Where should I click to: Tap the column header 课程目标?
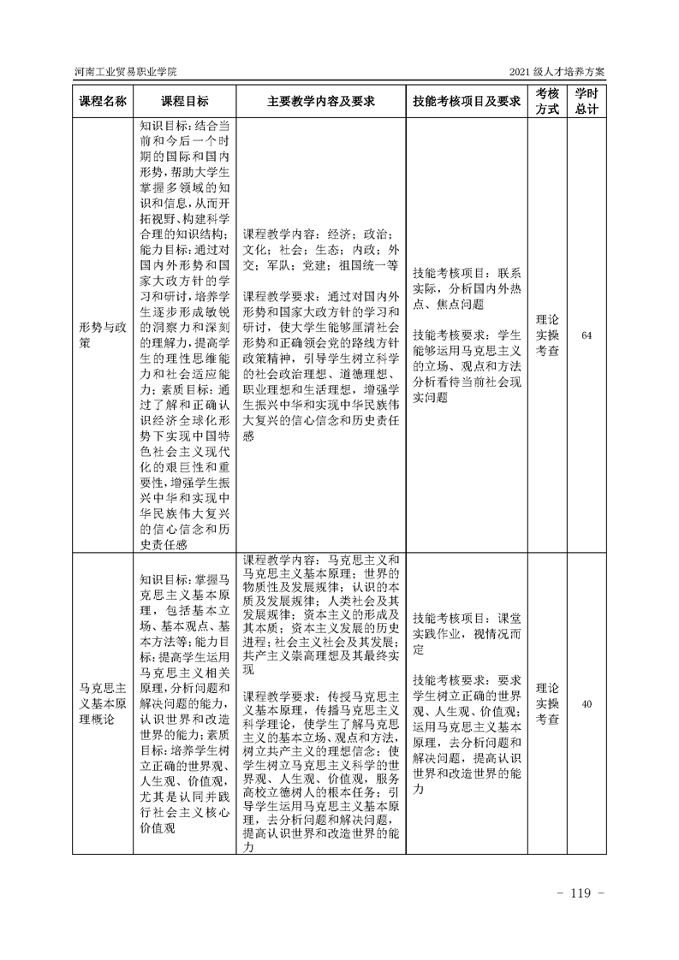coord(184,101)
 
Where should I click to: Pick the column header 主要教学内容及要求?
coord(320,101)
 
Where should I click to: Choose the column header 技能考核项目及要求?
coord(467,101)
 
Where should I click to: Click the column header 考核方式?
coord(547,101)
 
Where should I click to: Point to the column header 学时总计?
coord(586,101)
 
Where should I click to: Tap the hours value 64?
coord(586,335)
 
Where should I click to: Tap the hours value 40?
coord(586,704)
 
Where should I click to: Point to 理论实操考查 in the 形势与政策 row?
coord(547,335)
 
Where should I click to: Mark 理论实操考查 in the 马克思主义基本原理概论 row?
coord(547,704)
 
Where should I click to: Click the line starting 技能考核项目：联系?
coord(467,273)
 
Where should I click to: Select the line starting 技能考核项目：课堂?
coord(467,618)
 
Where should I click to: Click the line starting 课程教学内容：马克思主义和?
coord(320,558)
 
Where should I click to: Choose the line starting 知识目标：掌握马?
coord(183,581)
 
